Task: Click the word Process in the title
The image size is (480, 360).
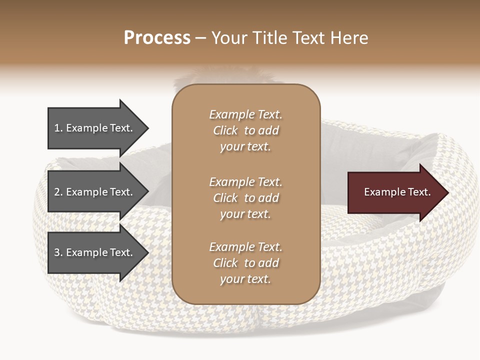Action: pos(157,38)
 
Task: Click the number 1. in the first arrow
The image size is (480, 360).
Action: pos(58,128)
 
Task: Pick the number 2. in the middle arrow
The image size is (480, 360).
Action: pos(58,192)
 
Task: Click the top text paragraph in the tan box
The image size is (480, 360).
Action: pos(245,130)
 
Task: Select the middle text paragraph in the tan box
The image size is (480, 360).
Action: pos(245,198)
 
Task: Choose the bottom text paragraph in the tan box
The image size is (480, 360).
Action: pos(245,263)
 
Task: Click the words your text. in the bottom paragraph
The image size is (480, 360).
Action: pos(245,279)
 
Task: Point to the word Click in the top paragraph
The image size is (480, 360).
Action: pos(225,131)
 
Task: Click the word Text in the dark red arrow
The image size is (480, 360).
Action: pos(419,192)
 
